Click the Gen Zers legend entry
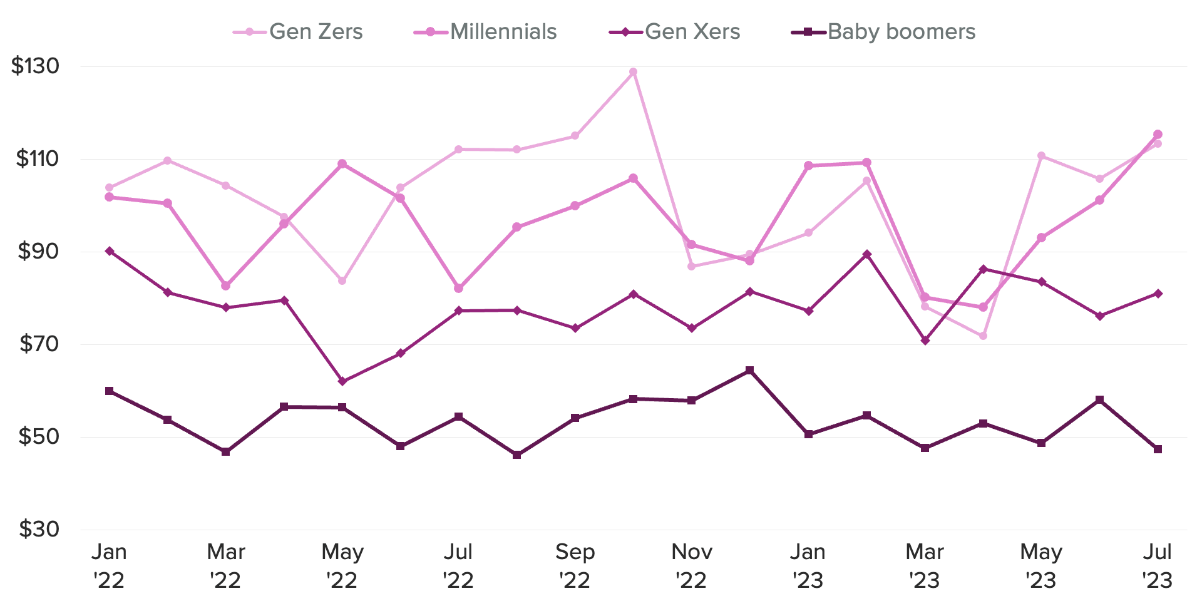(x=299, y=32)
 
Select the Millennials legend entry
(x=486, y=32)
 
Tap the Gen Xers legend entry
(x=675, y=32)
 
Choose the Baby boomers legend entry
(x=884, y=32)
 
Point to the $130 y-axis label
(x=35, y=66)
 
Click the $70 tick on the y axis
(x=38, y=344)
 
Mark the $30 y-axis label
(x=38, y=530)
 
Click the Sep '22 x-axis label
(x=575, y=566)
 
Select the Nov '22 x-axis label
(x=691, y=566)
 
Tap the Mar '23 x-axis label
(x=925, y=566)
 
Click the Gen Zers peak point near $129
(x=633, y=72)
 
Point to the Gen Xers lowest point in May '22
(x=342, y=381)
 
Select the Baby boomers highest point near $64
(x=749, y=371)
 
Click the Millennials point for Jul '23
(x=1158, y=135)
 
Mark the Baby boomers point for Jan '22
(x=109, y=391)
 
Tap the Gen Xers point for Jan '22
(x=109, y=251)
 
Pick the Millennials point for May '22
(x=342, y=164)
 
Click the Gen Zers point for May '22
(x=342, y=280)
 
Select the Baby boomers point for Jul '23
(x=1158, y=449)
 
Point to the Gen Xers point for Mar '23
(x=925, y=341)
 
